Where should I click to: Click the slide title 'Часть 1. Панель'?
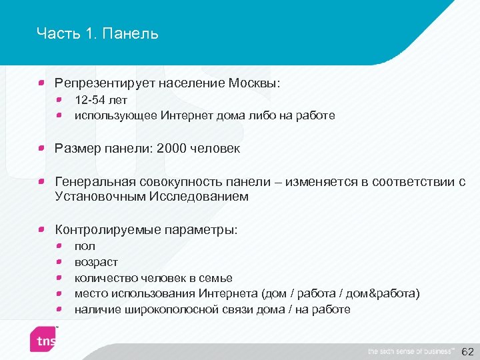pyautogui.click(x=97, y=33)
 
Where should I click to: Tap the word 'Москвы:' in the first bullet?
pyautogui.click(x=255, y=83)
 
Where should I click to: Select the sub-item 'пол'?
pyautogui.click(x=85, y=246)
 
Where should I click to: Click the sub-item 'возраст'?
pyautogui.click(x=96, y=262)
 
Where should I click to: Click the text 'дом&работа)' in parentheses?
pyautogui.click(x=387, y=294)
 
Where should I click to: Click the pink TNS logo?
pyautogui.click(x=46, y=339)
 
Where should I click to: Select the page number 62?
pyautogui.click(x=467, y=351)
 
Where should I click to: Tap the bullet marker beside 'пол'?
pyautogui.click(x=59, y=246)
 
